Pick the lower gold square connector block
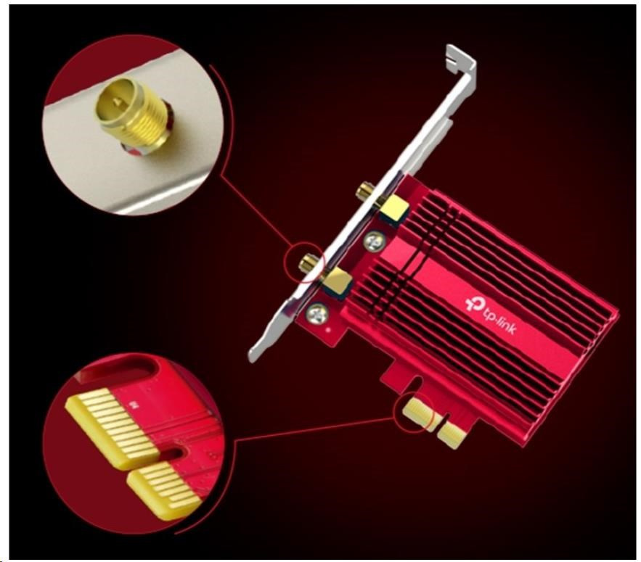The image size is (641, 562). click(x=338, y=281)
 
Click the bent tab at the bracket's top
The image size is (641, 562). click(x=460, y=59)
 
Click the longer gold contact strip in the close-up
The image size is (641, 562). click(x=112, y=428)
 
